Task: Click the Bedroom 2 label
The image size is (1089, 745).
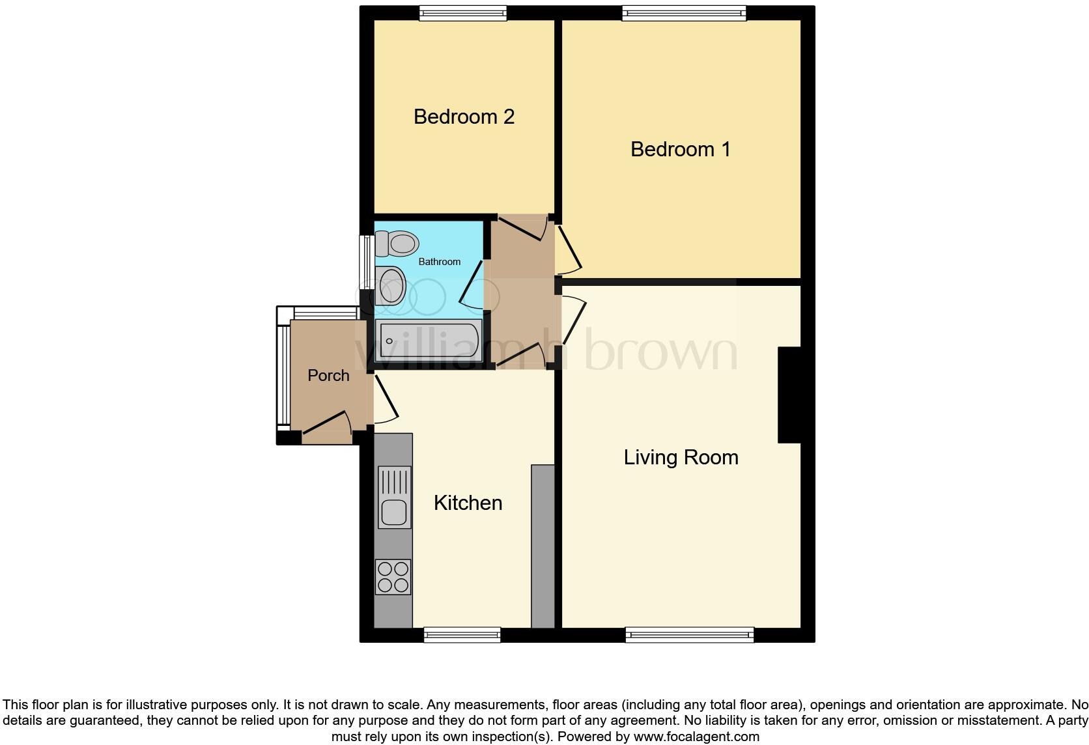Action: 464,117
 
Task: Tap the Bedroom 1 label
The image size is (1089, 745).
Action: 680,149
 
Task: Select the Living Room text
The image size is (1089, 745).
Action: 681,457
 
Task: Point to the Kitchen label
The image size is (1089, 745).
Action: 468,503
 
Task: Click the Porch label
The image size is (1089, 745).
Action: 328,376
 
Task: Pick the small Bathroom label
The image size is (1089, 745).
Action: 439,262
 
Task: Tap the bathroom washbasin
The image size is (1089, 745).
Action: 391,286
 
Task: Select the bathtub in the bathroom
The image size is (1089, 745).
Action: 429,340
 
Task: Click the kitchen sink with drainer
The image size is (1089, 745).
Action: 394,497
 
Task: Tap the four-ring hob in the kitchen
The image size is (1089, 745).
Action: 393,577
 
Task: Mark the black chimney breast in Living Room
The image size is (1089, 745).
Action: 789,395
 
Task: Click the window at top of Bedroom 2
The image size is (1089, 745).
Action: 462,12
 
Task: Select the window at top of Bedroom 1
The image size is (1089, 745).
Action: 684,12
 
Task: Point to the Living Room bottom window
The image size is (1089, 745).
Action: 689,635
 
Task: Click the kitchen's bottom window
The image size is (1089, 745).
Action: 462,635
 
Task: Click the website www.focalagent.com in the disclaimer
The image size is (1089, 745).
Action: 696,737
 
